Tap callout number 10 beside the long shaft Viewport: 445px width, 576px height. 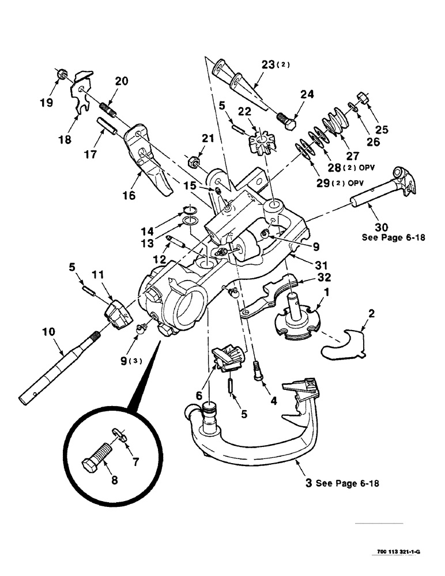(49, 332)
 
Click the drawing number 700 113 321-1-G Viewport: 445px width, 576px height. (399, 551)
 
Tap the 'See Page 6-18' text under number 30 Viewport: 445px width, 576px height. (393, 237)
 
